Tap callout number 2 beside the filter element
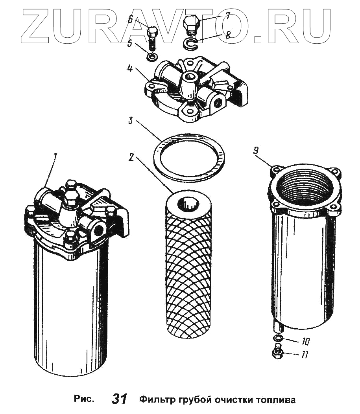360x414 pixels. coord(131,157)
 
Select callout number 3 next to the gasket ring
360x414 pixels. coord(130,121)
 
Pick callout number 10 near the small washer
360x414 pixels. coord(305,342)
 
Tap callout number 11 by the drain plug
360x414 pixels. coord(305,355)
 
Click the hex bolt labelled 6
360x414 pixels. coord(152,38)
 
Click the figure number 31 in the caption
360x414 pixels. coord(119,399)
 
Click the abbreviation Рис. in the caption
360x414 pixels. coord(84,399)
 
